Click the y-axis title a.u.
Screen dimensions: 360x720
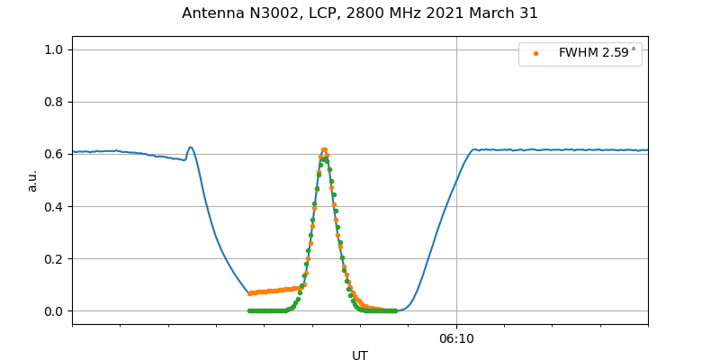pos(32,180)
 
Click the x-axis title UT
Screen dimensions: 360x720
pos(360,355)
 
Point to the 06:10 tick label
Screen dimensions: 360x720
pos(456,338)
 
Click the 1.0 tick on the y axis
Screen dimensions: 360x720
pos(53,49)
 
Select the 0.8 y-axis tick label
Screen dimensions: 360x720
pos(53,102)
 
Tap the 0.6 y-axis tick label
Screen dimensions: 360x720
pos(53,154)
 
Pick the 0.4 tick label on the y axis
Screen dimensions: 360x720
pos(53,206)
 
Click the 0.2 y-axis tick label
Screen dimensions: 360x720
pos(53,259)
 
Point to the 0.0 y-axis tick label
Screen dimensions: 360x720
pos(53,311)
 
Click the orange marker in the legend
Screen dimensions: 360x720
pos(535,53)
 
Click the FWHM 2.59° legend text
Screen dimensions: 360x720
pos(597,53)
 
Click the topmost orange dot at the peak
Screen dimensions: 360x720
pos(324,150)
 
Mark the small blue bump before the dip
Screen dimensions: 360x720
pos(190,148)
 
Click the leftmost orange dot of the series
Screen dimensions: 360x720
pos(249,293)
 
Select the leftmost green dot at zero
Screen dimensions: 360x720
pos(249,310)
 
